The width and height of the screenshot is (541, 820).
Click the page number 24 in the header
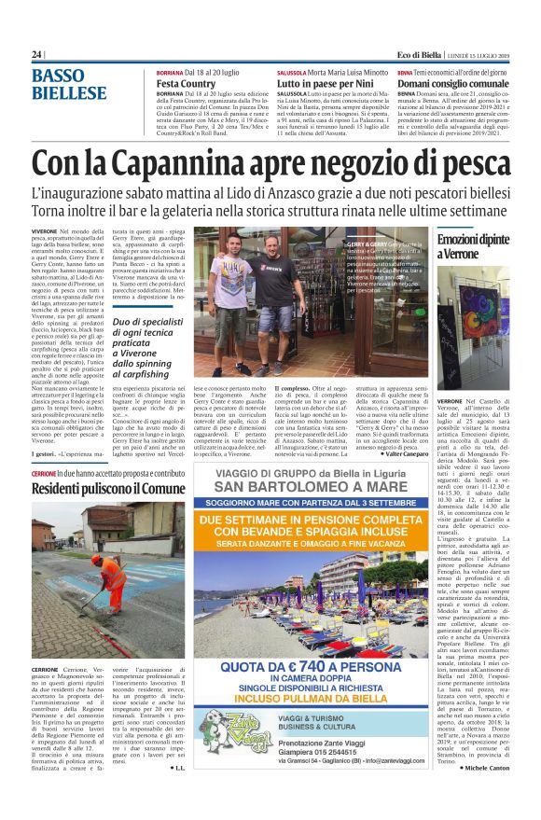point(36,54)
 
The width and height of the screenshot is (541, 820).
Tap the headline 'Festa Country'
point(186,83)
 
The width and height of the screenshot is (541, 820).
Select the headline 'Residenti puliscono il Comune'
point(108,489)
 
